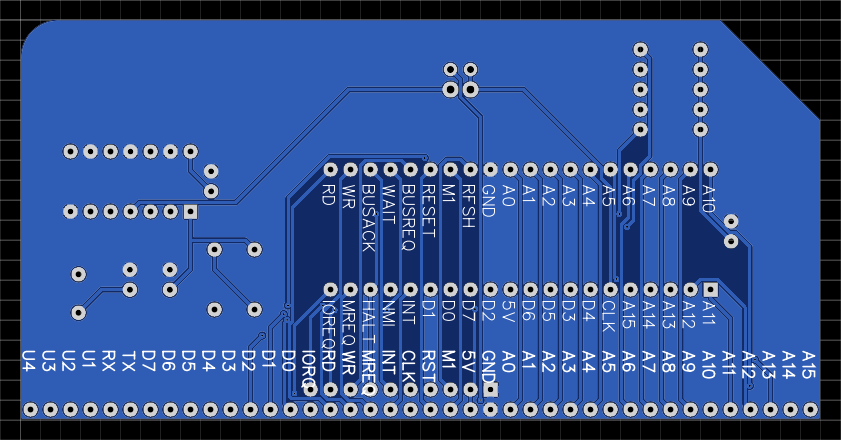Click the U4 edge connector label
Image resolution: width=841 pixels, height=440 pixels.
pos(29,361)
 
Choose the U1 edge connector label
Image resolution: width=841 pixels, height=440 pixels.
pos(89,361)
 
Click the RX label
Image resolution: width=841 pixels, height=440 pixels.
pos(109,361)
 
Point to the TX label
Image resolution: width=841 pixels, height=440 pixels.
pos(129,361)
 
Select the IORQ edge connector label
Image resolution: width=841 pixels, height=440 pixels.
pos(309,369)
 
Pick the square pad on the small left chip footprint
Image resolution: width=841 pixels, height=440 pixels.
pos(190,212)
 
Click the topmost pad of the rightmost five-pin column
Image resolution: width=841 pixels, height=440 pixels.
pos(700,49)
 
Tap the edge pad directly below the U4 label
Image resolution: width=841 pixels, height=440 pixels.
pos(29,410)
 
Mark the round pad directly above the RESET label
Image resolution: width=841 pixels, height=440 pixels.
pos(429,170)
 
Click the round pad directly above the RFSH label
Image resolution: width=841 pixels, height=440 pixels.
pos(469,170)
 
